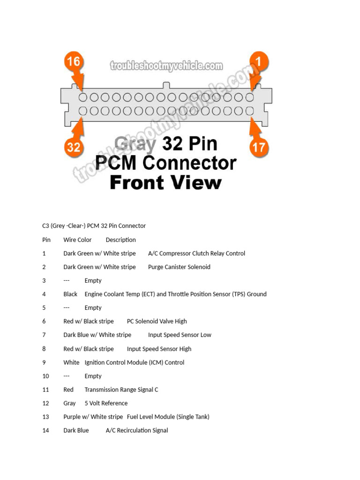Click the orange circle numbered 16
(74, 61)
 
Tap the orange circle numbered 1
(259, 61)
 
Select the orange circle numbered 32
(74, 147)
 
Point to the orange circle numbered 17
(259, 147)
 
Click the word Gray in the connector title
(135, 144)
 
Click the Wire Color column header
(77, 240)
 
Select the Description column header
(120, 240)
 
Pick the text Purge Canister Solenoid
(179, 267)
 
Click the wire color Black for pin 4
(70, 294)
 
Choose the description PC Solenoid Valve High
(157, 321)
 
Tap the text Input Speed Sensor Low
(180, 335)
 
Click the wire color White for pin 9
(71, 362)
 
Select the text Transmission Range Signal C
(121, 390)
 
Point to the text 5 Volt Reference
(106, 403)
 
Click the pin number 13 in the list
(45, 417)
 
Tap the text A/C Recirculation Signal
(137, 430)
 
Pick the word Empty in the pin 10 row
(93, 376)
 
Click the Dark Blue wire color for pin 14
(76, 430)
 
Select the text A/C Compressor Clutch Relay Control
(196, 254)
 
